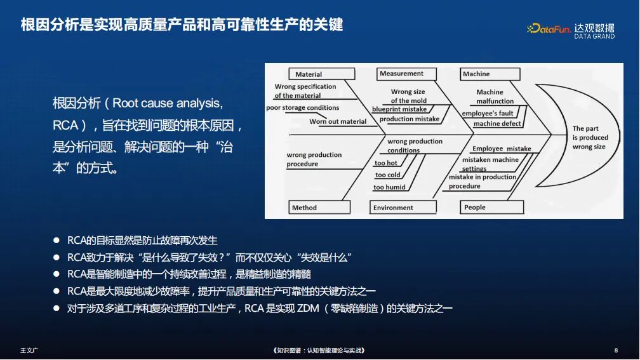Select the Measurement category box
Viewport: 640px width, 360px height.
coord(406,74)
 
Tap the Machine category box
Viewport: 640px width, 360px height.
coord(490,74)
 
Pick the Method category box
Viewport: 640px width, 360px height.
coord(319,208)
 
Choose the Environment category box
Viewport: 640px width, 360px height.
coord(403,208)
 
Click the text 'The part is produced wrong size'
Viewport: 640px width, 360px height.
coord(590,138)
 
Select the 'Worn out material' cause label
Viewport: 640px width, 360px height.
coord(338,121)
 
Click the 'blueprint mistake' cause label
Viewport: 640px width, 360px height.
coord(399,109)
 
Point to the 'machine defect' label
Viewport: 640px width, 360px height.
coord(497,124)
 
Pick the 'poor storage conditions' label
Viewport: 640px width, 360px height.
coord(302,108)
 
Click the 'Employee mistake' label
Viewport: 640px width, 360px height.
coord(502,149)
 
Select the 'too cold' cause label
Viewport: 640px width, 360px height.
coord(388,175)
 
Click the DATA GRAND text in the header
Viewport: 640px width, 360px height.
coord(594,37)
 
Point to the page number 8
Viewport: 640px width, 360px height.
coord(616,350)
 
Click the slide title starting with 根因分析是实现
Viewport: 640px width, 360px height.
coord(182,25)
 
